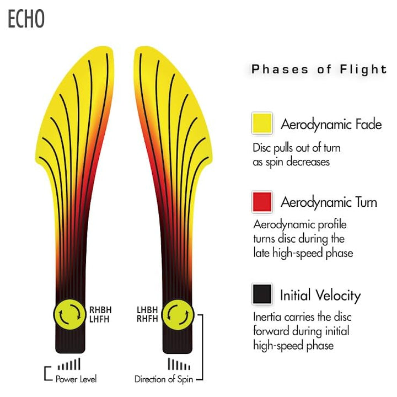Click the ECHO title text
pos(26,19)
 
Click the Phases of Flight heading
pos(319,69)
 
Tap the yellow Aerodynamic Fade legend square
pos(262,124)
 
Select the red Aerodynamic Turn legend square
pos(262,202)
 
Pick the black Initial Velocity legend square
pos(262,294)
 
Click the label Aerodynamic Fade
pos(331,124)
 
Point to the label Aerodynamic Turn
pos(329,202)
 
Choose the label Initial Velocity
pos(320,296)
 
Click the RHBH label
pos(100,310)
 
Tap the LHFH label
pos(99,319)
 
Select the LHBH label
pos(147,310)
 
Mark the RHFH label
pos(147,319)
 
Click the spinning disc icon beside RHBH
pos(70,315)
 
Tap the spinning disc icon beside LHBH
pos(178,315)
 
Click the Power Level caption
pos(76,379)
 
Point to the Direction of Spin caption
pos(164,379)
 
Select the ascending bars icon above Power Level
pos(69,364)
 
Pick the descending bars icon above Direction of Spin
pos(179,364)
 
